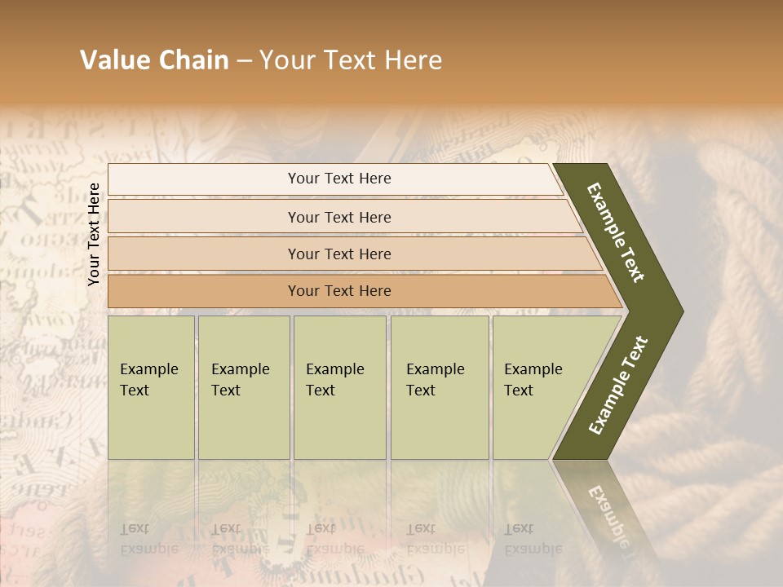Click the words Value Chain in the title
[154, 60]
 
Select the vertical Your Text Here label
[94, 234]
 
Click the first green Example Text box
[151, 387]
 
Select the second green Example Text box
[243, 387]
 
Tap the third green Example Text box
[339, 387]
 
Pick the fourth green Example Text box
[439, 387]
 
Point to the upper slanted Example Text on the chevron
[617, 232]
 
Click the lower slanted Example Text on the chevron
[618, 385]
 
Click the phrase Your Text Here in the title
[351, 60]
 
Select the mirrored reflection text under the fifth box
[533, 538]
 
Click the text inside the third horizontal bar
[339, 254]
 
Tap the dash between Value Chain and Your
[244, 60]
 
